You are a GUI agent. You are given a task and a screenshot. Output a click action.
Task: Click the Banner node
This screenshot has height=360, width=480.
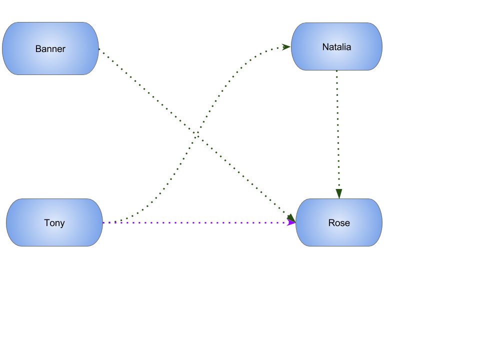click(x=50, y=48)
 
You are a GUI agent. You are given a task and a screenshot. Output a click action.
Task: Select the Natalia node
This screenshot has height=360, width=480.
click(x=336, y=46)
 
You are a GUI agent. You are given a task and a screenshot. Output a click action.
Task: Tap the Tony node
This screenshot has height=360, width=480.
click(x=54, y=222)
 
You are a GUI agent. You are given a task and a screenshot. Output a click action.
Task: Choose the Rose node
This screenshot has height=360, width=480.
click(x=338, y=222)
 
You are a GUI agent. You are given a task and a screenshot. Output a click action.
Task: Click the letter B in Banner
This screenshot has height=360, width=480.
click(x=38, y=49)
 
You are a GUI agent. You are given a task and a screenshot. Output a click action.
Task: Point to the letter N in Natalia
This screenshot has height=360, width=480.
click(x=325, y=47)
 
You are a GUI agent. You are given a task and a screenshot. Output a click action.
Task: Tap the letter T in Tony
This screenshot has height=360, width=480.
click(x=46, y=223)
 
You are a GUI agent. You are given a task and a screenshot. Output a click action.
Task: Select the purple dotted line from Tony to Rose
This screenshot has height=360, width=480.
click(x=200, y=222)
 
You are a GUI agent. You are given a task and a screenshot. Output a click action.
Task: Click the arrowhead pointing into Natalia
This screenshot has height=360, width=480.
click(x=286, y=47)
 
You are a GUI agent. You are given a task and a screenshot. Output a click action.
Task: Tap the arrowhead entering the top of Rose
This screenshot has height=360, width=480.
click(x=338, y=194)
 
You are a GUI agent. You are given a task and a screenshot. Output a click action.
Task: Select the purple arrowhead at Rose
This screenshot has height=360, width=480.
click(x=291, y=222)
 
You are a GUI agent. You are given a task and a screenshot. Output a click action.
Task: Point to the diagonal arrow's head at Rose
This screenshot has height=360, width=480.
click(x=290, y=217)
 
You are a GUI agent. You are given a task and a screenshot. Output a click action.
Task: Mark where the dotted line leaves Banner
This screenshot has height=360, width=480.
click(x=99, y=49)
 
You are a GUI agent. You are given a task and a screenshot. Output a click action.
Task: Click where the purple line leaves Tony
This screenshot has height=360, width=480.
click(x=103, y=222)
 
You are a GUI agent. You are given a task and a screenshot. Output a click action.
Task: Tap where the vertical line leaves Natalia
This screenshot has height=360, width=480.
click(x=336, y=71)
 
